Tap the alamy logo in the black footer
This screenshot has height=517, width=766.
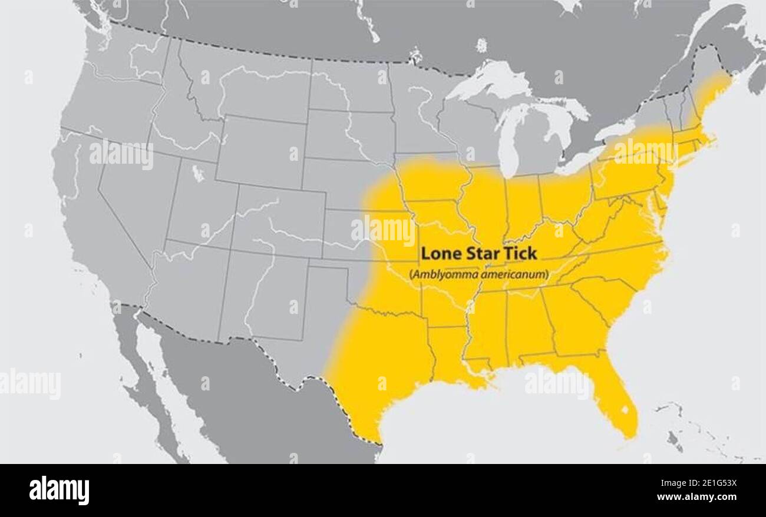pos(59,491)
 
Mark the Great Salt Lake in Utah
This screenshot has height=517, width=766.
pos(199,173)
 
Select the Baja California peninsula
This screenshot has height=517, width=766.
pos(147,377)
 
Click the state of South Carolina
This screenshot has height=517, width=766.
pos(604,297)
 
